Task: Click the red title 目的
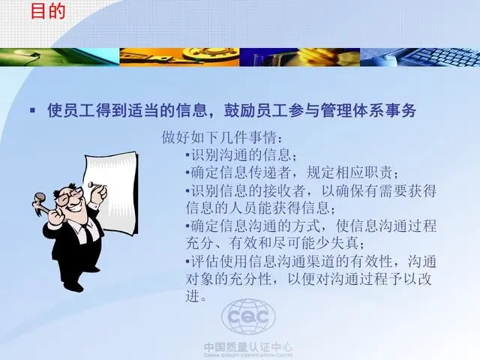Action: click(x=48, y=11)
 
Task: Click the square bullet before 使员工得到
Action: click(x=32, y=110)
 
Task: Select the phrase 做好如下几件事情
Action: click(x=219, y=137)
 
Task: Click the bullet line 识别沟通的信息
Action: click(x=241, y=154)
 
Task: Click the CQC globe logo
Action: click(x=248, y=316)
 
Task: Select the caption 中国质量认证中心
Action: click(x=248, y=347)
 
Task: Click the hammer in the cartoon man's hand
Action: click(x=40, y=203)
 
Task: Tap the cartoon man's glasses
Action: click(x=70, y=194)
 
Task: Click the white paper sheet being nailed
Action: click(x=111, y=192)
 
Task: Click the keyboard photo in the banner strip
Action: click(x=420, y=57)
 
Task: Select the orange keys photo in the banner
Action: click(x=179, y=57)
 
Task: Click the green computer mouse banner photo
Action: click(x=60, y=57)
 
